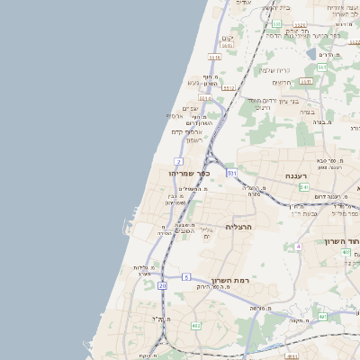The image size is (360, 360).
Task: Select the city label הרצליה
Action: coord(242,227)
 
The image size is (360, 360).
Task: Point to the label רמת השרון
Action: coord(230,281)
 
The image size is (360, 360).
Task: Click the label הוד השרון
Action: coord(343,241)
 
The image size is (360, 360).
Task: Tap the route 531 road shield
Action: coord(232,171)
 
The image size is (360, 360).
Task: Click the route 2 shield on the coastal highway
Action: coord(180,161)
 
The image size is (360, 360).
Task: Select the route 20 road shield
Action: coord(162,285)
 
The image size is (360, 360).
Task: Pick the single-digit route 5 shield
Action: coord(186,276)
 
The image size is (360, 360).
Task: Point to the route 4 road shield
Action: coord(298,246)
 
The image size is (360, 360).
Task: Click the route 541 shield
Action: coord(304,187)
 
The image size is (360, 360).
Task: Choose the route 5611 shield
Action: coord(227,45)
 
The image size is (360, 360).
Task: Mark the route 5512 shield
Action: coord(229,88)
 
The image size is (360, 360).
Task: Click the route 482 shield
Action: coord(196,326)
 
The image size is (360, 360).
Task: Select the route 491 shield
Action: coord(322,317)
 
